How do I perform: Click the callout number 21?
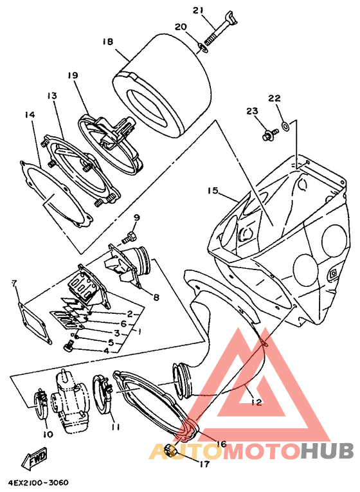tap(198, 10)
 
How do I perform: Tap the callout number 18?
tap(107, 41)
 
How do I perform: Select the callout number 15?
tap(213, 190)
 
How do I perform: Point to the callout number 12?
tap(256, 402)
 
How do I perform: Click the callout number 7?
tap(14, 284)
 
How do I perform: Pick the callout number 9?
tap(137, 217)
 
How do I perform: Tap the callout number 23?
tap(252, 111)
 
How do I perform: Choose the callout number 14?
tap(30, 115)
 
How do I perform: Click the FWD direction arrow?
tap(35, 457)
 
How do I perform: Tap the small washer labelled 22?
tap(285, 126)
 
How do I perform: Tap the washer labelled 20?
tap(203, 48)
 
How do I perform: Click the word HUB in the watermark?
tap(327, 451)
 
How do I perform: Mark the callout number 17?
tap(204, 464)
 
